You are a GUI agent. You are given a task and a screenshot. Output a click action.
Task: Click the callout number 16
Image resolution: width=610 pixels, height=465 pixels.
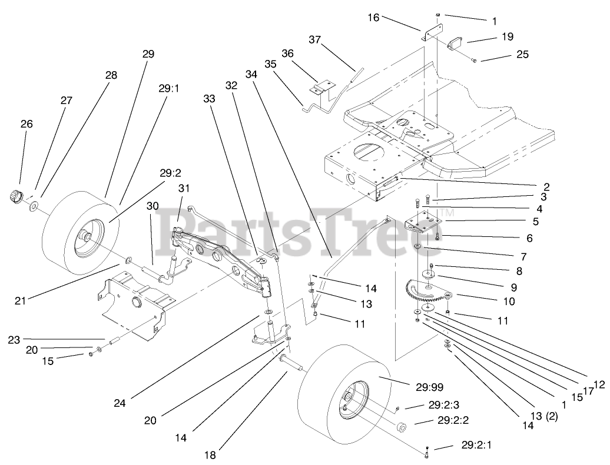click(374, 18)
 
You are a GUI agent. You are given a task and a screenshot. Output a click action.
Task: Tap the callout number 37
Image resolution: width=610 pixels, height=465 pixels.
click(316, 39)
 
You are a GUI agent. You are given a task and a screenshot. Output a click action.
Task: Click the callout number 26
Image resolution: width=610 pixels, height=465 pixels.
click(26, 124)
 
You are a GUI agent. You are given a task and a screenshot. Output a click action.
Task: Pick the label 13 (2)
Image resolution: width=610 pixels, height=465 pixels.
click(543, 417)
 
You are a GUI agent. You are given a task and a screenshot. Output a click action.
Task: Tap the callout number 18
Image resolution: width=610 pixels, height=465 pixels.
click(210, 454)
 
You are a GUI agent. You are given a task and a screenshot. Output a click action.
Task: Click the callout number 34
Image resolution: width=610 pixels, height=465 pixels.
click(251, 75)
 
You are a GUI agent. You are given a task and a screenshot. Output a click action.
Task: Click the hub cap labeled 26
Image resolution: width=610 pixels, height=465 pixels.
click(15, 195)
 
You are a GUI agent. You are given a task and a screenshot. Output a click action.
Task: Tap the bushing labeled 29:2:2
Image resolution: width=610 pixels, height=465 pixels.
click(403, 427)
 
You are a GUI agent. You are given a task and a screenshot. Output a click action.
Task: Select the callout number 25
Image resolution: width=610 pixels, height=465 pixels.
click(522, 55)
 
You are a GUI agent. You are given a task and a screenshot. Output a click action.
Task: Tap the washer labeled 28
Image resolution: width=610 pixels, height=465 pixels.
click(34, 206)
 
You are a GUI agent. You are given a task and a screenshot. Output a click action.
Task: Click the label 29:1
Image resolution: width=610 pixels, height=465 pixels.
click(168, 89)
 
